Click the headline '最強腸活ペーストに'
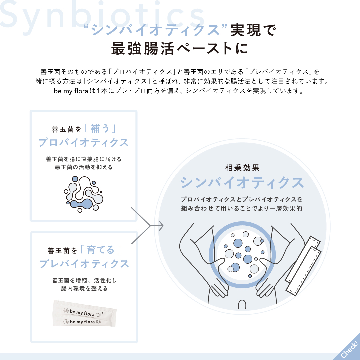[x=180, y=49]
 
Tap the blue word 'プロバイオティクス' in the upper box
[x=83, y=143]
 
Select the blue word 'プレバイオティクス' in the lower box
[x=84, y=264]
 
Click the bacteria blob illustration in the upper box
[x=83, y=194]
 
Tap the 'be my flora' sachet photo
[x=84, y=314]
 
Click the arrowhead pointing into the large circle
[x=161, y=226]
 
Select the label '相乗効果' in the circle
[x=242, y=168]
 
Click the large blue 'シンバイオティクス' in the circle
[x=242, y=183]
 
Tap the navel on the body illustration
[x=242, y=305]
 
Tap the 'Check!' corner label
[x=349, y=349]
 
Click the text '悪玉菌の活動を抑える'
[x=84, y=167]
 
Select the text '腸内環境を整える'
[x=84, y=288]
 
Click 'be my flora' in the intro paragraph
[x=71, y=91]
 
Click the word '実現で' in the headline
[x=253, y=30]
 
